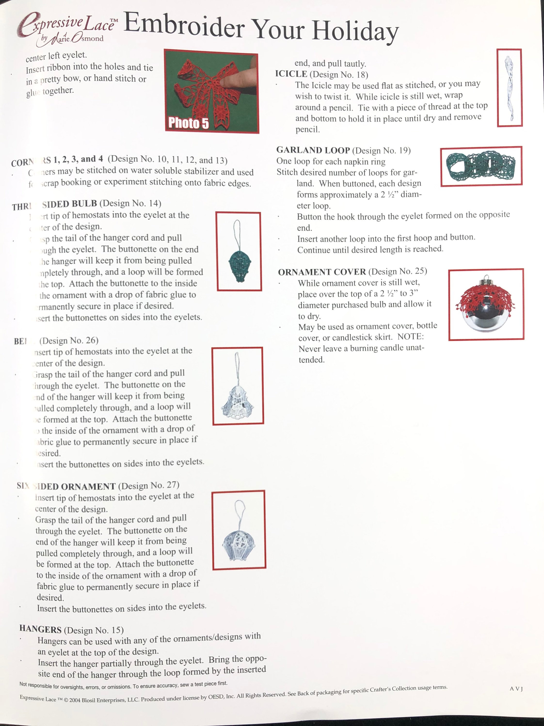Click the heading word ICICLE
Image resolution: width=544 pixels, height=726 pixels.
point(291,74)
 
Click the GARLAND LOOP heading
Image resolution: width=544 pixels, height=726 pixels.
point(313,150)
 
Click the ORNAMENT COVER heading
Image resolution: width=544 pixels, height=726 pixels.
point(322,272)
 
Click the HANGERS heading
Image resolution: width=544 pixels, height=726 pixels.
point(40,629)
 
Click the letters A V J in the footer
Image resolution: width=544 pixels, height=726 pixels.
point(516,689)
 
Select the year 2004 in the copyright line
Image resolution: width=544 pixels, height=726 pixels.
point(74,700)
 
